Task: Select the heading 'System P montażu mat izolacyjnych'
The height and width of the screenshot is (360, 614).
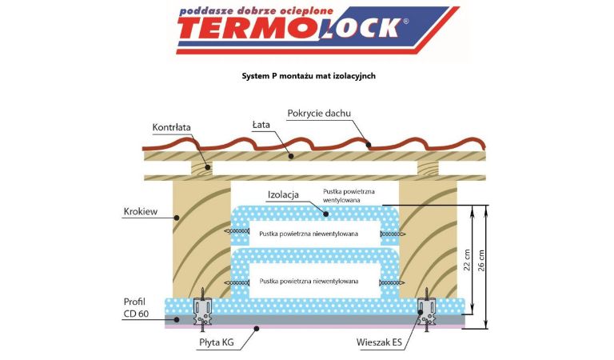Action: pos(308,77)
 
